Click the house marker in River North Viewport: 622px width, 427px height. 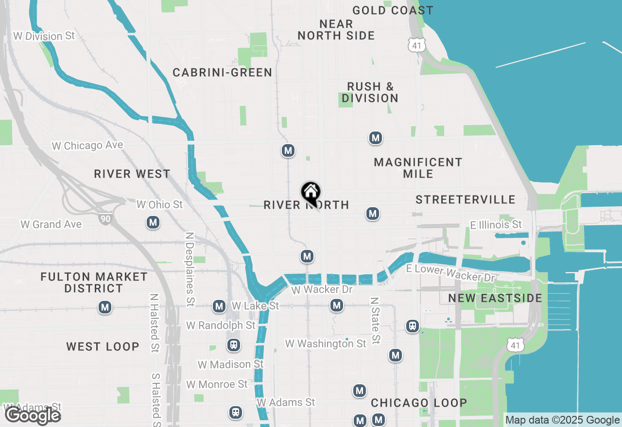tap(311, 193)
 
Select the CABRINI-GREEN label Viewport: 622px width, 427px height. tap(223, 73)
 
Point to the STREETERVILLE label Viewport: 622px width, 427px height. tap(466, 199)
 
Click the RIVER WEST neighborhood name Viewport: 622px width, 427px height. tap(132, 174)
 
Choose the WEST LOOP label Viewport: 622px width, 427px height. tap(103, 346)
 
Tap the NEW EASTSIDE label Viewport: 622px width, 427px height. tap(495, 298)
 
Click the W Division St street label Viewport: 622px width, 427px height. tap(44, 36)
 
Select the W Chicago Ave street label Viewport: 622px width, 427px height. tap(87, 145)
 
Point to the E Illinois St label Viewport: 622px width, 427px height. tap(496, 225)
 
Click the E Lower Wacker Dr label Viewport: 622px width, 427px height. tap(450, 273)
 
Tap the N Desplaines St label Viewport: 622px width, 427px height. tap(190, 268)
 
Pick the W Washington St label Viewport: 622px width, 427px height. tap(326, 344)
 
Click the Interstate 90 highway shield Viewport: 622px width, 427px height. tap(105, 219)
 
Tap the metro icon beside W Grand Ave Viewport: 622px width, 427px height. tap(153, 223)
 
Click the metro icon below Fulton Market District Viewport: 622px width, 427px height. tap(104, 307)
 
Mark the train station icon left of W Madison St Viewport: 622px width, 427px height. tap(234, 345)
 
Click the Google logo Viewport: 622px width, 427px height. tap(33, 415)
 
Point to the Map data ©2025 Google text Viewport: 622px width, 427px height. tap(562, 420)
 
